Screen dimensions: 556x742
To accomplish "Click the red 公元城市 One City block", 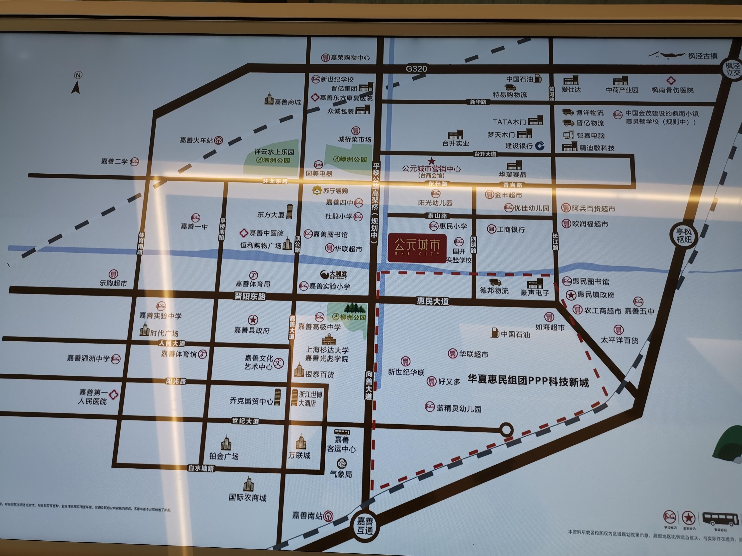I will point(417,248).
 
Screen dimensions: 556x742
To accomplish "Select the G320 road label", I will point(416,69).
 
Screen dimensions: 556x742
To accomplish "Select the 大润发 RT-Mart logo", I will point(334,275).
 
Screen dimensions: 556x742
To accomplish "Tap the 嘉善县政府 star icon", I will point(253,319).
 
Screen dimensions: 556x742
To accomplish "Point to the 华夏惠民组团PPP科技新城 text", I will point(528,381).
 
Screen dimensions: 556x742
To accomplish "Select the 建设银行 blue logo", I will point(540,146).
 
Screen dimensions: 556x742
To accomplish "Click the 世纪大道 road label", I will point(246,421).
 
